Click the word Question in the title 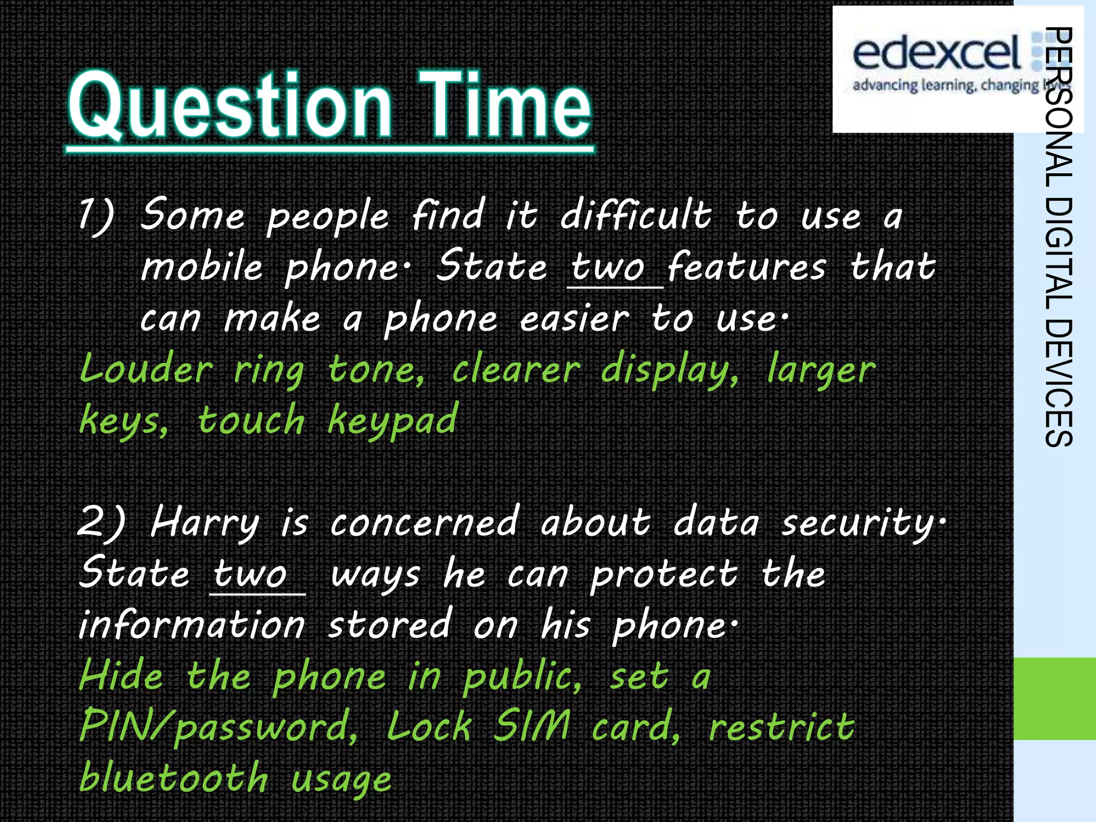[x=230, y=107]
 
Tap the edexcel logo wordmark [x=937, y=54]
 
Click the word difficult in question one [x=636, y=216]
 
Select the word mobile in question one [x=202, y=267]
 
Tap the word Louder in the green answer [x=146, y=370]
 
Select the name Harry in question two [x=205, y=523]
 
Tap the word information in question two [x=192, y=625]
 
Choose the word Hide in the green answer [x=121, y=676]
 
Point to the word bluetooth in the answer [x=174, y=778]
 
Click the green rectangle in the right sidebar [x=1054, y=698]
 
